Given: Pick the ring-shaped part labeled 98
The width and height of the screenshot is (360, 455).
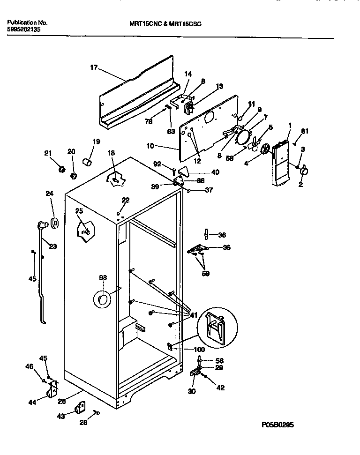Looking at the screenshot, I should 103,298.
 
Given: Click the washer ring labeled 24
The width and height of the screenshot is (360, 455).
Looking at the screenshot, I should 54,224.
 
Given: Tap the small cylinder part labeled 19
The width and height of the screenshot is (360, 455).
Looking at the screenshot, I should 87,162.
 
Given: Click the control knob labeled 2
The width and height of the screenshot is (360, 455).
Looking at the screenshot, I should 303,172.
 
